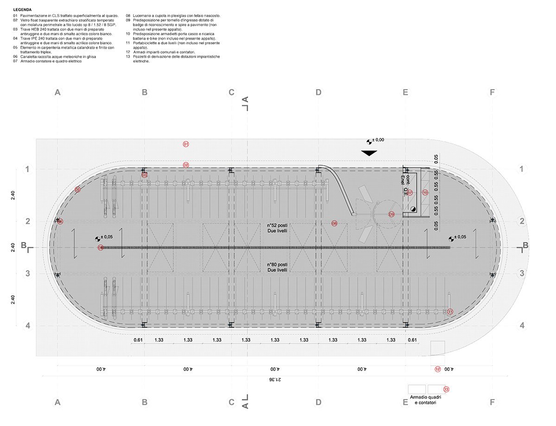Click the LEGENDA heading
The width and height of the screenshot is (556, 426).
(x=23, y=9)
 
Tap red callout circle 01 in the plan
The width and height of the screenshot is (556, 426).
(x=186, y=144)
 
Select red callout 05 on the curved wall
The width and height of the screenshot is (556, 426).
(x=77, y=189)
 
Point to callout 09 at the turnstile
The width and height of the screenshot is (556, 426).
(x=392, y=214)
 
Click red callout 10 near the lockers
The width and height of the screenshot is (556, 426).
(x=425, y=192)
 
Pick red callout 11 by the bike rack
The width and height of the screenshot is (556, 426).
(x=450, y=312)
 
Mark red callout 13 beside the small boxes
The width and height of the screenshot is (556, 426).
(x=447, y=389)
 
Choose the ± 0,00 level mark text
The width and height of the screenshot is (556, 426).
(x=379, y=140)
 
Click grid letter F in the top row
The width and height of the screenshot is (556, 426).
(x=492, y=93)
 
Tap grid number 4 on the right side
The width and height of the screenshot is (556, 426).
(x=522, y=326)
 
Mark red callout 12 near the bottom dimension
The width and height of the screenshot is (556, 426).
(x=438, y=370)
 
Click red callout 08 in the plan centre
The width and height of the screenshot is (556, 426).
(x=335, y=224)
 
